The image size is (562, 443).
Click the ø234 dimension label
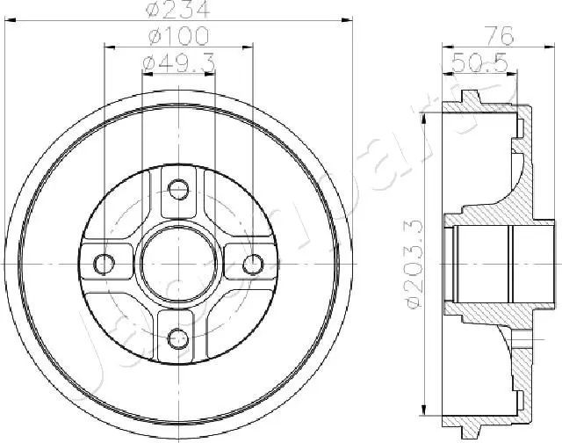(179, 10)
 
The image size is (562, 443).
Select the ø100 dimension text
(179, 37)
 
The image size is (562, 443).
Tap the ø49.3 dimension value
(178, 64)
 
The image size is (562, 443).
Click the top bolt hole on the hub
(178, 188)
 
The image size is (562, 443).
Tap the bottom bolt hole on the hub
(178, 337)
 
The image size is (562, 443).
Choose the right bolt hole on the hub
(253, 263)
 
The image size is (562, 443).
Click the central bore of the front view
(178, 262)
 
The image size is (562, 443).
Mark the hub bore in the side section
(483, 263)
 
